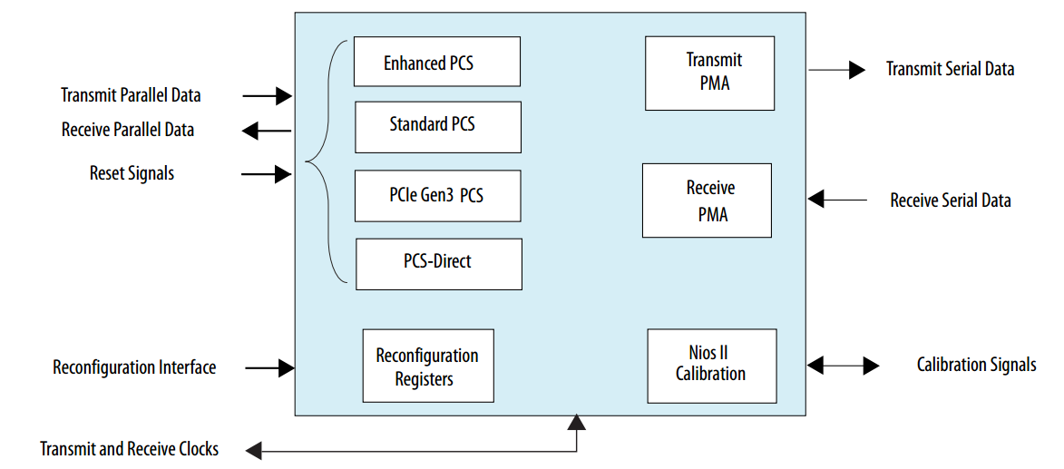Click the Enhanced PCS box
coord(436,62)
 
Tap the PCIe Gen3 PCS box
coord(437,195)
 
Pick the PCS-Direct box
coord(438,264)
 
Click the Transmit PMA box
coord(709,73)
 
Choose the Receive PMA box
coord(707,200)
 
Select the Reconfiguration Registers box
coord(427,366)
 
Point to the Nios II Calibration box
coord(711,366)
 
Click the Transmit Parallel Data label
coord(131,95)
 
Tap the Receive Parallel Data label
coord(128,130)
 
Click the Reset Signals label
coord(132,172)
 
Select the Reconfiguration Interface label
coord(134,367)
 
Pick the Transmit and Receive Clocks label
coord(129,449)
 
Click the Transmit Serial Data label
coord(950,69)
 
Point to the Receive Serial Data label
coord(950,200)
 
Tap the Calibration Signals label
coord(976,365)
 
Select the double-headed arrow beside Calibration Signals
coord(843,366)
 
